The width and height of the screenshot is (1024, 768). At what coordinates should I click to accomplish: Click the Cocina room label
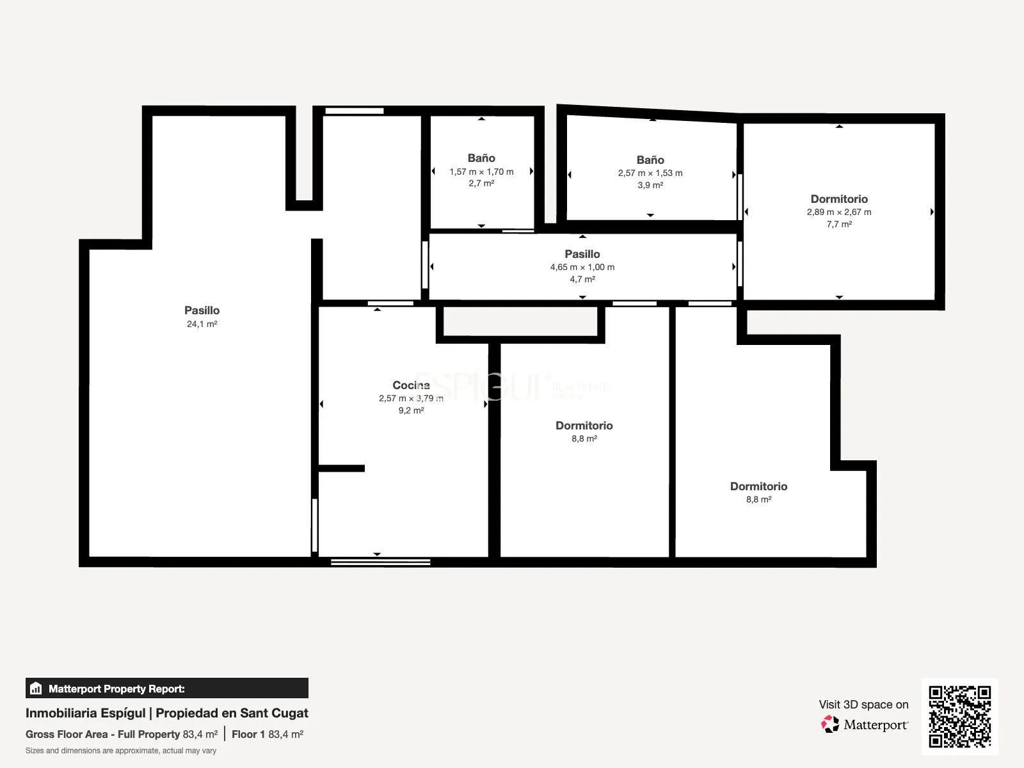(411, 385)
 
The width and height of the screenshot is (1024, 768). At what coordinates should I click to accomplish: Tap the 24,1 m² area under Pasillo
(202, 324)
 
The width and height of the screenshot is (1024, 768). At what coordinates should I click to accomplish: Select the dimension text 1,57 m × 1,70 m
(481, 172)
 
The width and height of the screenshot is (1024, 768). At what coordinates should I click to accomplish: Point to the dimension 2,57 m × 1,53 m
(650, 173)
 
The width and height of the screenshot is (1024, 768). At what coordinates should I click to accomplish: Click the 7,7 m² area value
(839, 224)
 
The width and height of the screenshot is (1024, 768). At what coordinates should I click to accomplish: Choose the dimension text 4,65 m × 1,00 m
(582, 267)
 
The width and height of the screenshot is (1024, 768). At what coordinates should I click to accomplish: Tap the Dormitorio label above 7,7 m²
(839, 199)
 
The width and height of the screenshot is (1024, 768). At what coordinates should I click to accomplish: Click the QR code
(959, 716)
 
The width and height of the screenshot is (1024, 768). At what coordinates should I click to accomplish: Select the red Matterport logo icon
(830, 724)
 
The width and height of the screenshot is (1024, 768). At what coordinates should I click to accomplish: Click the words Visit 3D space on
(863, 705)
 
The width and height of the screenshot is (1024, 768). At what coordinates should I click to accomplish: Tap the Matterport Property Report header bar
(167, 688)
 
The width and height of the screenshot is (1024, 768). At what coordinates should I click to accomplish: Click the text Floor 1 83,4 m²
(268, 735)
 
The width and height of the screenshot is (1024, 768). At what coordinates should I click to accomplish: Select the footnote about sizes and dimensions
(121, 751)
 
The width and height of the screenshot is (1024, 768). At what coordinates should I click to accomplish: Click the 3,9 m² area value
(650, 185)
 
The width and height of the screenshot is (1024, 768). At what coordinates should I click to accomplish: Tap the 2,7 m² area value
(481, 183)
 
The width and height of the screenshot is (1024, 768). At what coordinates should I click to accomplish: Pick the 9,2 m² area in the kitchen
(411, 410)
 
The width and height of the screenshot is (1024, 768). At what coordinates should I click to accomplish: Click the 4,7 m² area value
(582, 279)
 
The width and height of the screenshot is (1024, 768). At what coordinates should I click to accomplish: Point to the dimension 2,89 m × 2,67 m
(839, 212)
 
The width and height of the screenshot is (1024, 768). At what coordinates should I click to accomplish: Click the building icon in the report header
(36, 688)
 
